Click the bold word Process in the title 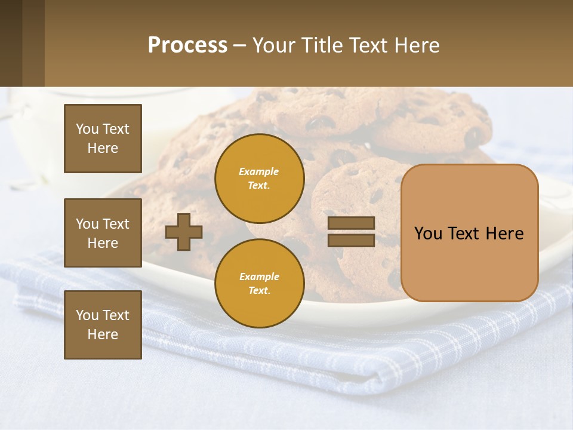point(187,45)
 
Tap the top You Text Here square point(103,139)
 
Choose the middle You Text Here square point(103,233)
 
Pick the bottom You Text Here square point(103,325)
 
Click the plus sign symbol point(184,232)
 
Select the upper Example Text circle point(259,178)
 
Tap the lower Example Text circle point(259,283)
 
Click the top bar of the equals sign point(351,223)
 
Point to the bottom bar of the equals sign point(351,241)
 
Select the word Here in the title point(415,45)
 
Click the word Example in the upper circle point(258,171)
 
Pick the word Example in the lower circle point(258,277)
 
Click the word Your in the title point(274,45)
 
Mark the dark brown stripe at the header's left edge point(11,43)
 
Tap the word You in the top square point(87,129)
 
